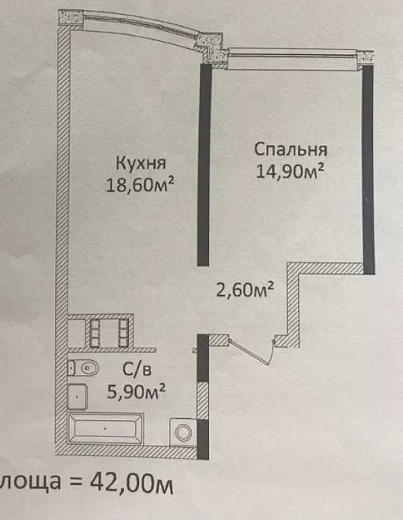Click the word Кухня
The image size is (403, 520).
click(141, 164)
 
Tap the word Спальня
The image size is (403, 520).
click(290, 150)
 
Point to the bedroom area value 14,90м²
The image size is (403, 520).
click(290, 171)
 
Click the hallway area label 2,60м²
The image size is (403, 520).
click(246, 290)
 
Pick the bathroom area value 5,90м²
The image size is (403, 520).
click(136, 393)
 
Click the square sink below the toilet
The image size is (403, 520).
click(78, 397)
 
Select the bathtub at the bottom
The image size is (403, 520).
click(106, 428)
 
